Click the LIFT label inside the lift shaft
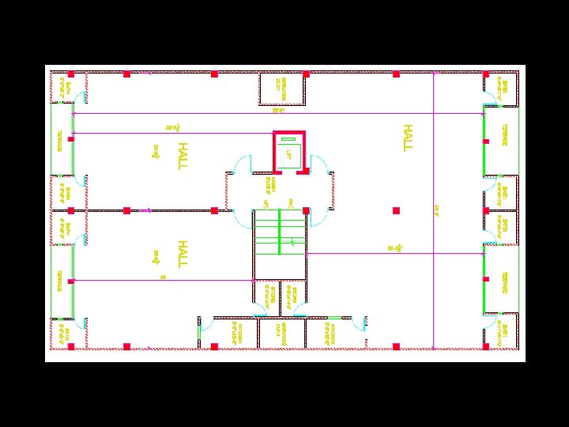(x=289, y=154)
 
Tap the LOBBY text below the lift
(x=269, y=186)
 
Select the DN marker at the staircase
(x=291, y=203)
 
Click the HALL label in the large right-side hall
(x=408, y=137)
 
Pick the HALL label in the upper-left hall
(x=182, y=156)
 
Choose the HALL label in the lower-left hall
(x=182, y=254)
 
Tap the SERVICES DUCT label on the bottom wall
(x=282, y=333)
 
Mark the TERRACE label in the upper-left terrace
(x=59, y=140)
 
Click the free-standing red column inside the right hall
(x=396, y=210)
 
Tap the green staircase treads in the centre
(x=279, y=232)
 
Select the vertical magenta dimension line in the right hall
(x=434, y=210)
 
